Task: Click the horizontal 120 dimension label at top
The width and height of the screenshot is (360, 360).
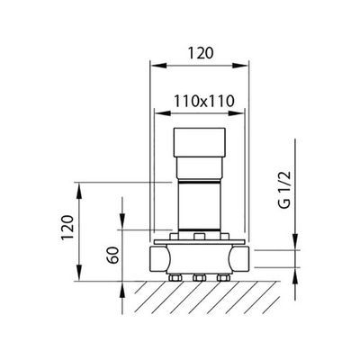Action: tap(201, 53)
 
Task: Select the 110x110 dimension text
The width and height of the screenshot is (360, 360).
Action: tap(203, 101)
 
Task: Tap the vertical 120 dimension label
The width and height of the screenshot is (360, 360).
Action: tap(67, 227)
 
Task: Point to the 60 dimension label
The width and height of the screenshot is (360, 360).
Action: tap(114, 255)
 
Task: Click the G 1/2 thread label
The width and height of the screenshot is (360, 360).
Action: tap(284, 190)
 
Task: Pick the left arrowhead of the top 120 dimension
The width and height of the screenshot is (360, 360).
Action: tap(158, 66)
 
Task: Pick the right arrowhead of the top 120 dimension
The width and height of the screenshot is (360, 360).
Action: tap(240, 66)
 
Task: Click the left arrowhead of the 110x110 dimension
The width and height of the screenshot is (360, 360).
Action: tap(162, 113)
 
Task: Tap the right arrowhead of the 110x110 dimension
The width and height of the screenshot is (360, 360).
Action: tap(236, 113)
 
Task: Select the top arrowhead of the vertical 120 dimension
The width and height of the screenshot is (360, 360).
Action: tap(79, 190)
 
